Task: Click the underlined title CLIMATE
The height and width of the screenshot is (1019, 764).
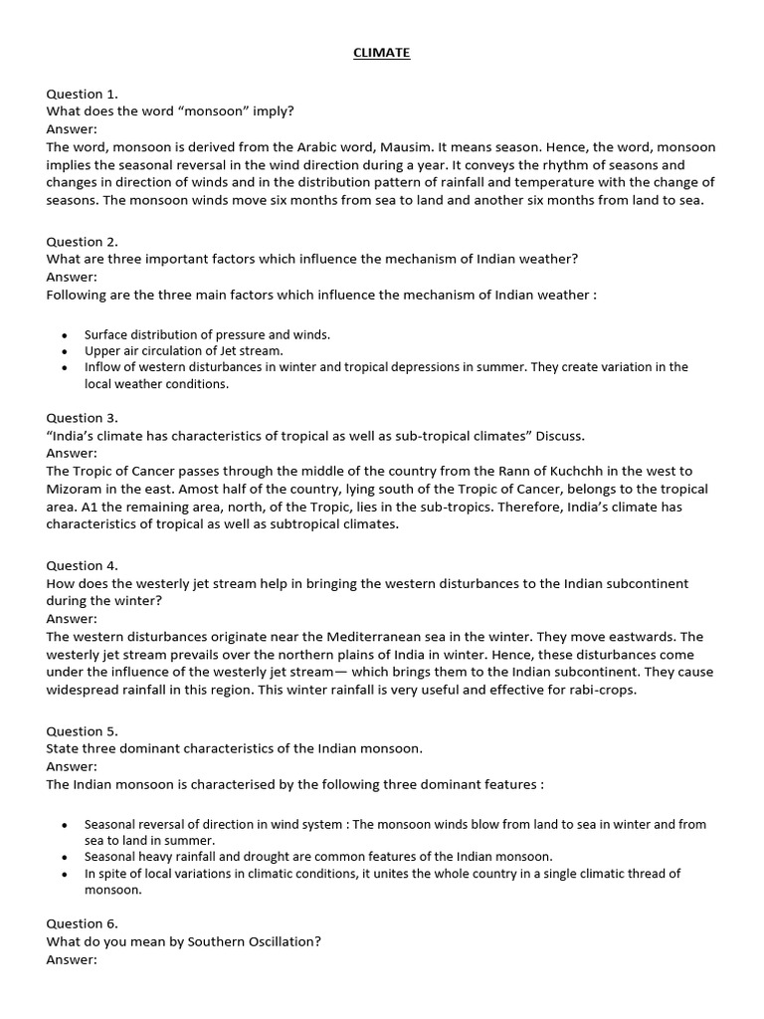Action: point(381,53)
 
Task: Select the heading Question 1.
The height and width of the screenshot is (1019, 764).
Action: point(82,94)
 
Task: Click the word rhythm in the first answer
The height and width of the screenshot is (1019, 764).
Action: point(547,164)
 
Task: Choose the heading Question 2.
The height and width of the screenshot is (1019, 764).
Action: point(82,241)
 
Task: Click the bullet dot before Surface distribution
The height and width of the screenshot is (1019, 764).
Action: point(65,335)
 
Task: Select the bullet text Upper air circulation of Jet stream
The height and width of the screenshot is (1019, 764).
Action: point(184,350)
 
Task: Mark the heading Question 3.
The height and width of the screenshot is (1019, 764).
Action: point(82,418)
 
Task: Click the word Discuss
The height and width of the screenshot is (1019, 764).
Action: point(562,436)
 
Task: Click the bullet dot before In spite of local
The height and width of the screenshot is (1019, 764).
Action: point(65,874)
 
